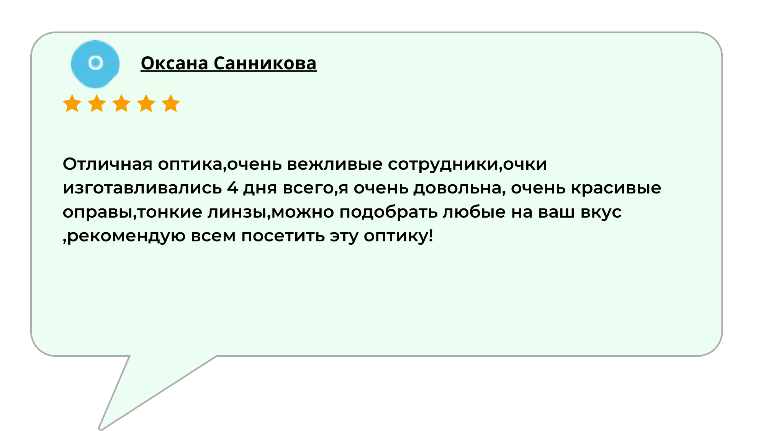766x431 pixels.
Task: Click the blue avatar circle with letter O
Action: coord(95,64)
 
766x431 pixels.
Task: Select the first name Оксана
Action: coord(174,63)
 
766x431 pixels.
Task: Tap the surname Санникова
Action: coord(265,63)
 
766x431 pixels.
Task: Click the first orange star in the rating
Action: coord(72,103)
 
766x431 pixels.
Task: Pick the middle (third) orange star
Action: coord(121,103)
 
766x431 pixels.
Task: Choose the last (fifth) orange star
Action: coord(171,103)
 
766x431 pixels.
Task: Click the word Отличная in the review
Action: coord(108,164)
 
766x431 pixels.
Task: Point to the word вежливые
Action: coord(335,164)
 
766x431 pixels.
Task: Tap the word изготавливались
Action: coord(142,188)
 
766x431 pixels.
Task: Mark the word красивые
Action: coord(616,188)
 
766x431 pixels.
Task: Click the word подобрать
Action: coord(388,212)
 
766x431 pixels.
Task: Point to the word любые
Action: coord(474,212)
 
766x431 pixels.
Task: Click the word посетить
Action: coord(283,236)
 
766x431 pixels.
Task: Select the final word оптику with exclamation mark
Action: coord(398,236)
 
